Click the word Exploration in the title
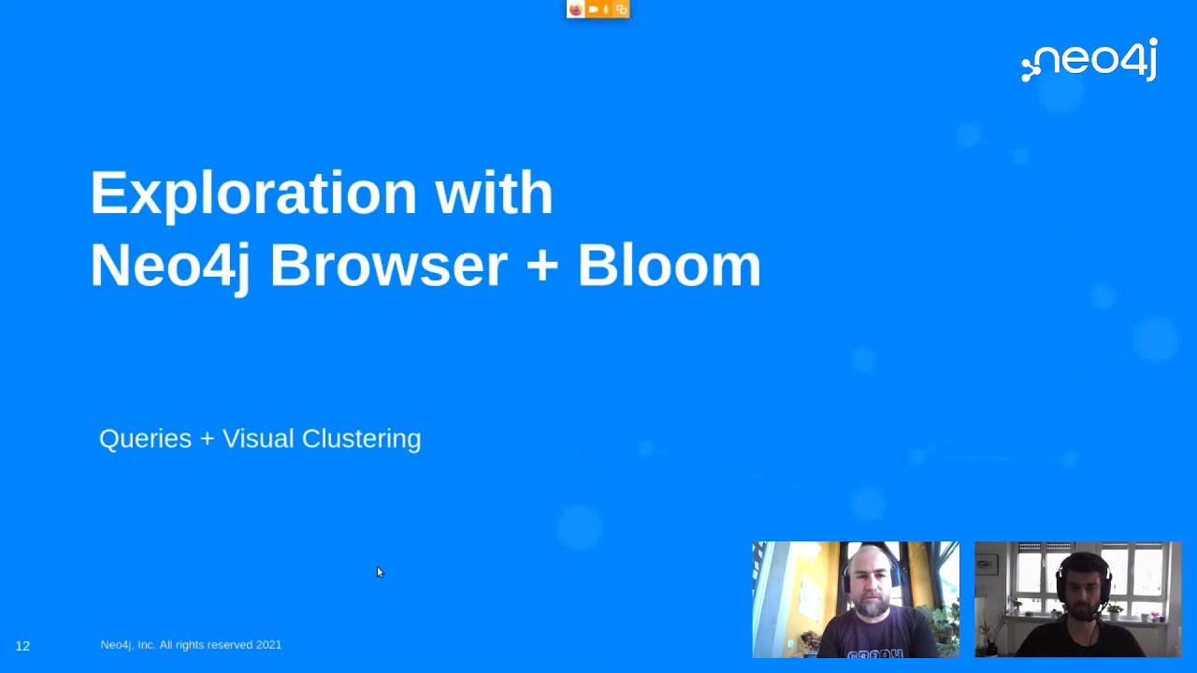pos(253,193)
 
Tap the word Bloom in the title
pos(669,265)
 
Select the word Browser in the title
pos(388,265)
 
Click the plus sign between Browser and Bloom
pos(541,265)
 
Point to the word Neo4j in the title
pos(170,265)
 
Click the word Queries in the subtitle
pos(145,438)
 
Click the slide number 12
pos(22,646)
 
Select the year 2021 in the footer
pos(268,645)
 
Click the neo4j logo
pos(1090,61)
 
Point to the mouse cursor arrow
pos(380,572)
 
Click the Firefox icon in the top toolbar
pos(576,9)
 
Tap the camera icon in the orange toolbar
pos(593,9)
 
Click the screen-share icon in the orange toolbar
pos(621,9)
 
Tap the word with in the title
pos(494,193)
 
